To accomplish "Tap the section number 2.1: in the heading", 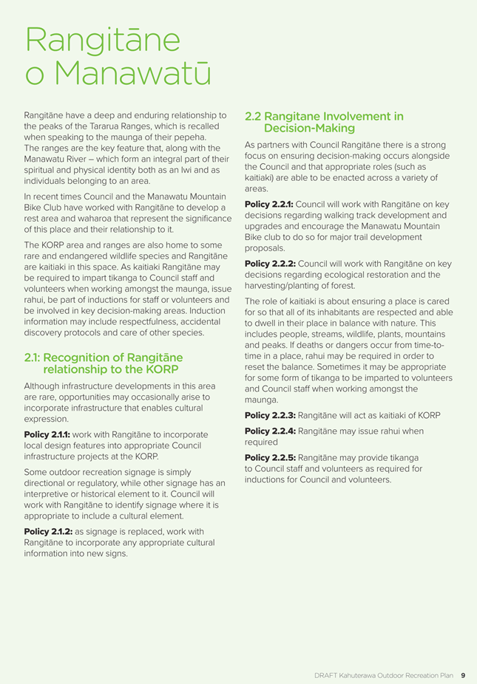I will point(33,358).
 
